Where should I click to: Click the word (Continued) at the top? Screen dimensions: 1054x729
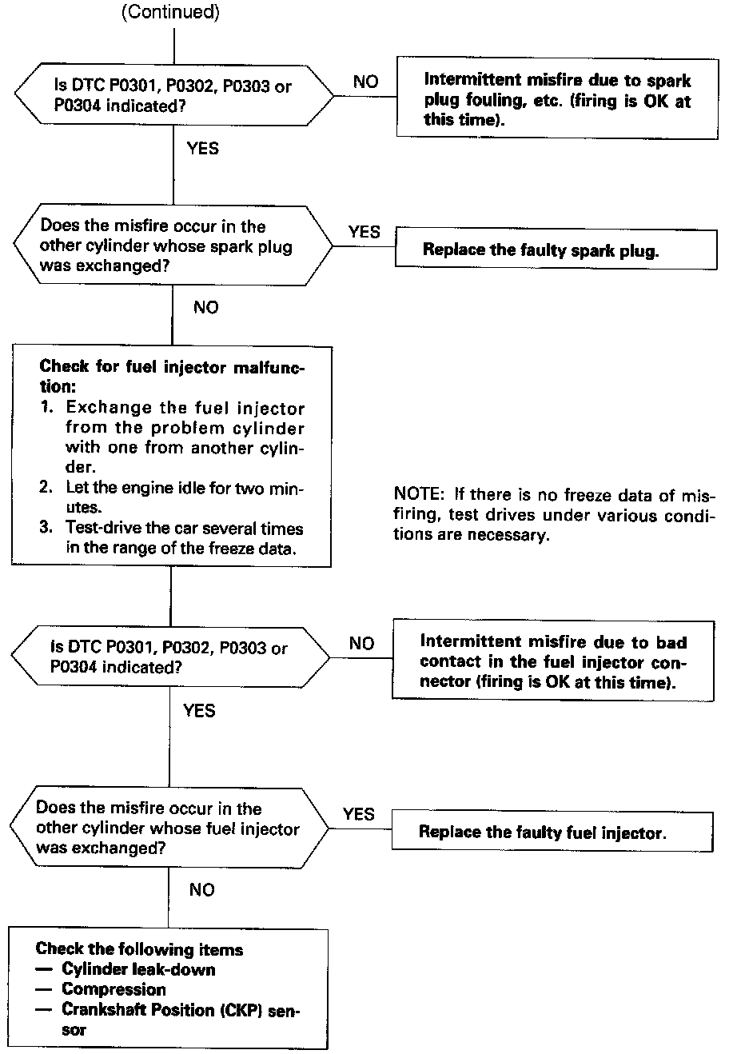click(170, 12)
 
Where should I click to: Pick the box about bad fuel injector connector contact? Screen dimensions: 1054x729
click(552, 661)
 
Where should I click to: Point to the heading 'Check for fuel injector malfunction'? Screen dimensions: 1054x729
click(172, 376)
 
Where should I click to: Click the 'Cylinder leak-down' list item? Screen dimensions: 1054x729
click(138, 969)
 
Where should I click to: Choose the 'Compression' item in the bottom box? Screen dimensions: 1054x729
click(114, 989)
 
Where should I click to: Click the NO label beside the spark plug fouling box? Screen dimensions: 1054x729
click(365, 82)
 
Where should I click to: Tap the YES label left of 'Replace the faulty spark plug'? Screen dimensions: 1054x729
click(364, 232)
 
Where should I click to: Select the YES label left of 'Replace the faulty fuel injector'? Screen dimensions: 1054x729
click(358, 814)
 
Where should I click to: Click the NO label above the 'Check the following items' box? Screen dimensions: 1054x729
click(202, 890)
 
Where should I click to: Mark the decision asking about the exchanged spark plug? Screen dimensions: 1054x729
click(172, 246)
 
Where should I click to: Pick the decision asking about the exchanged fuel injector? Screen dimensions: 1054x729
click(169, 828)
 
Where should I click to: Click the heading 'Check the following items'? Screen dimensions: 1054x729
click(139, 949)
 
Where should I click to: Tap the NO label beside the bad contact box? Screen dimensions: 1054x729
click(361, 644)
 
